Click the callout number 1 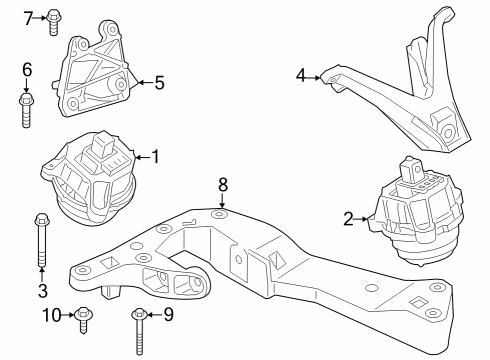(x=154, y=156)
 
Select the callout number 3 (x=41, y=291)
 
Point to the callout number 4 (x=301, y=74)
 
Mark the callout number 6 (x=27, y=69)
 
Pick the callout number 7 (x=29, y=16)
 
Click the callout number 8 (x=223, y=184)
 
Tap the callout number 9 (x=168, y=316)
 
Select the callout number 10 (x=52, y=316)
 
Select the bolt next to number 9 (x=138, y=329)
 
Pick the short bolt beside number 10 (x=83, y=319)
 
